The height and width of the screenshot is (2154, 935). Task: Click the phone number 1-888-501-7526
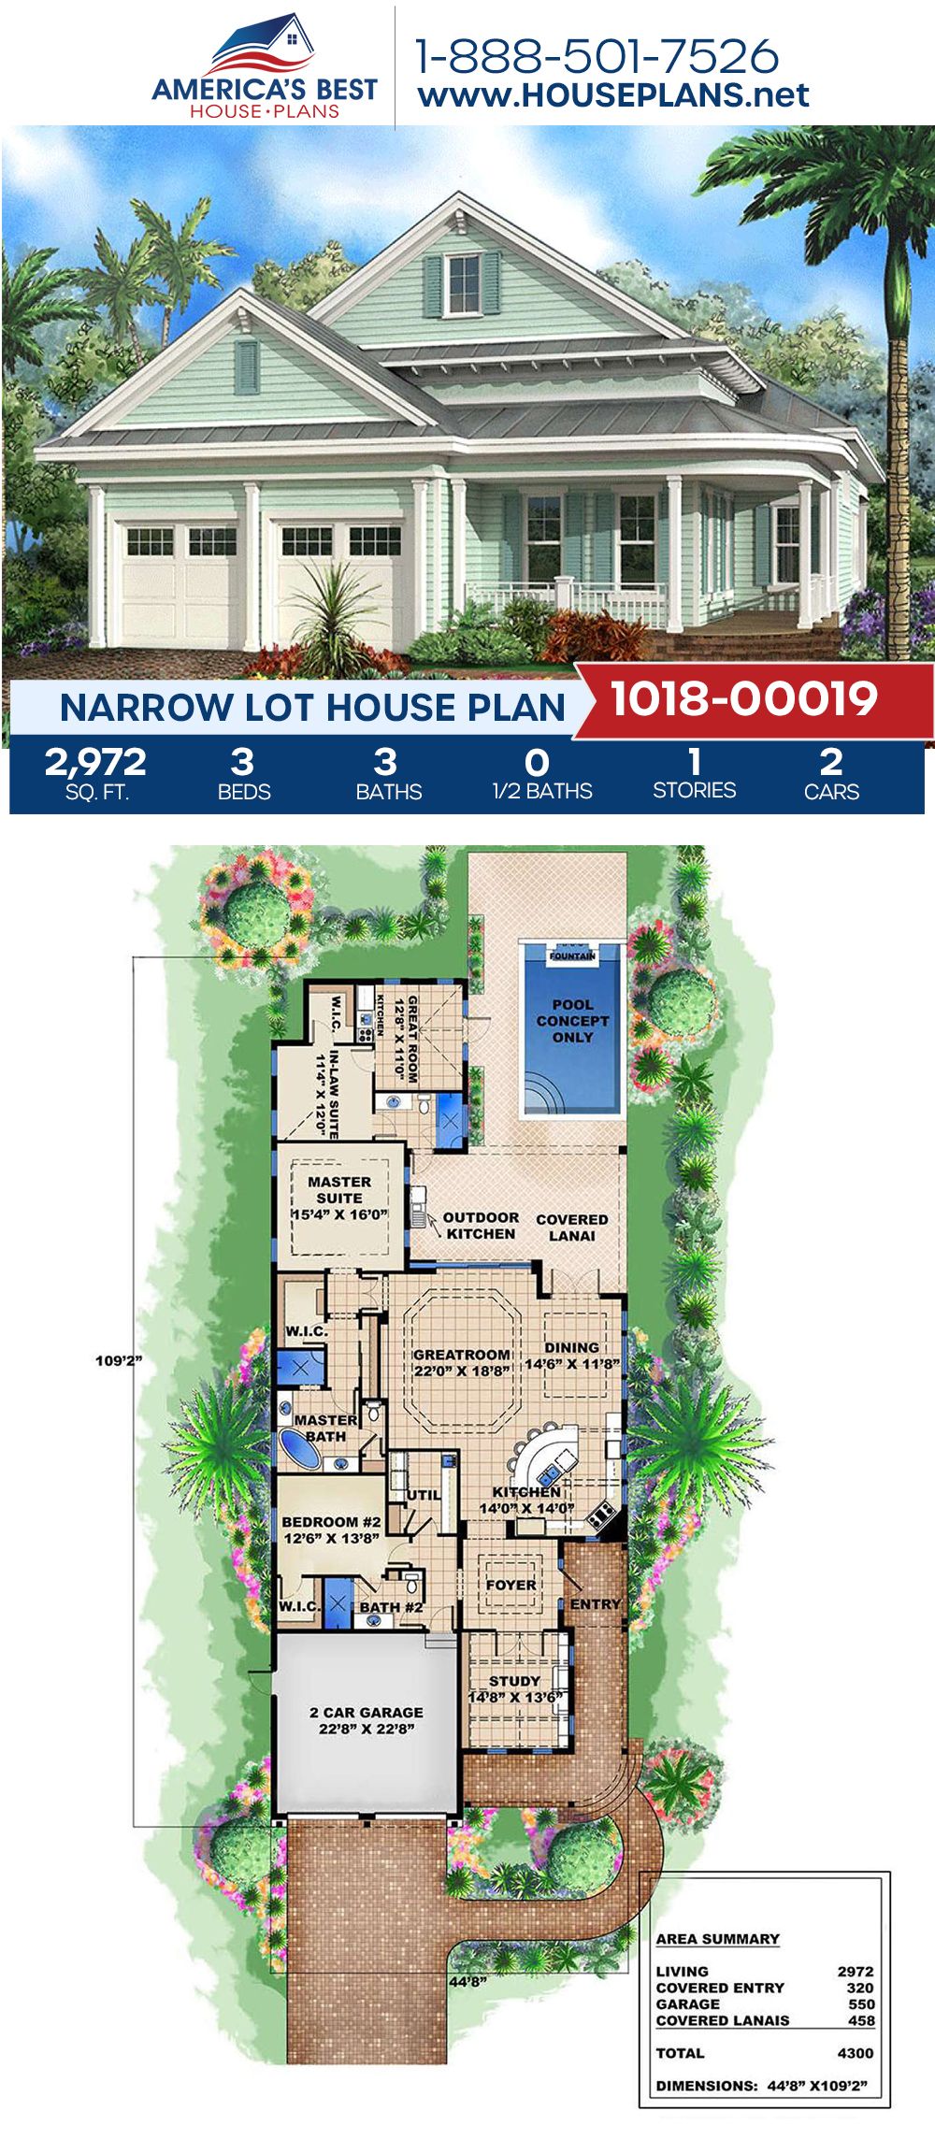point(597,56)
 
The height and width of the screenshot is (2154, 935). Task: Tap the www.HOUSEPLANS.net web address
point(613,95)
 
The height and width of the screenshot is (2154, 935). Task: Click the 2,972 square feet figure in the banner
point(95,763)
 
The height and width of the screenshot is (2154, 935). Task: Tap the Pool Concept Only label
point(572,1021)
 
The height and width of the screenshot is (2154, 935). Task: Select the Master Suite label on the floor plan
point(339,1198)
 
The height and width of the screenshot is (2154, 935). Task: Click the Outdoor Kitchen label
point(481,1226)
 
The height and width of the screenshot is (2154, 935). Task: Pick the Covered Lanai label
point(571,1228)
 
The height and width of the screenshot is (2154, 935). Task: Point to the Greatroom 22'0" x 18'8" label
point(462,1362)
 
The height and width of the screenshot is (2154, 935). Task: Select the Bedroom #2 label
point(331,1529)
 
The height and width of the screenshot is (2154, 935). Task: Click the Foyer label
point(511,1585)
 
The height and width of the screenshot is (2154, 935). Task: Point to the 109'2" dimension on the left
point(118,1360)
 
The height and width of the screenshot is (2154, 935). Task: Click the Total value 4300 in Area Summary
point(856,2053)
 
